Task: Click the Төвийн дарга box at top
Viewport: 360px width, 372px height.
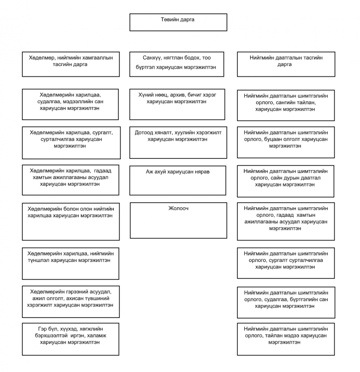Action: pos(178,22)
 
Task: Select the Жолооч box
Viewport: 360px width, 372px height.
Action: pos(178,220)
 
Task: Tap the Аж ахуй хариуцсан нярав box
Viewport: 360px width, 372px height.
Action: pos(178,181)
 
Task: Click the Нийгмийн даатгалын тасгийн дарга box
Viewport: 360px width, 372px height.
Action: pos(286,64)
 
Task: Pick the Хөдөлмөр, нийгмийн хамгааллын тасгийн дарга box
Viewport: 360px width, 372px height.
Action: pos(71,64)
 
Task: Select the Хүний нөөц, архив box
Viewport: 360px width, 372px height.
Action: pos(177,104)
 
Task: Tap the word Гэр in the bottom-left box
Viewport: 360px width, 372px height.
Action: pos(42,329)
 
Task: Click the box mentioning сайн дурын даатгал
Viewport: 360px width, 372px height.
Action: pos(286,181)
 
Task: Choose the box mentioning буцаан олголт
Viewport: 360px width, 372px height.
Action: pos(286,142)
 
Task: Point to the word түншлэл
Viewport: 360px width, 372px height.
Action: pos(39,260)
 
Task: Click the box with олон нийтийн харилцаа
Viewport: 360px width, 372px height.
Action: pos(71,222)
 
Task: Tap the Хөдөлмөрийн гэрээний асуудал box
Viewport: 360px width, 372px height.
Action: pos(71,302)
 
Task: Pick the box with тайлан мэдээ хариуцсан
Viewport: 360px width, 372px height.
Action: pos(286,339)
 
